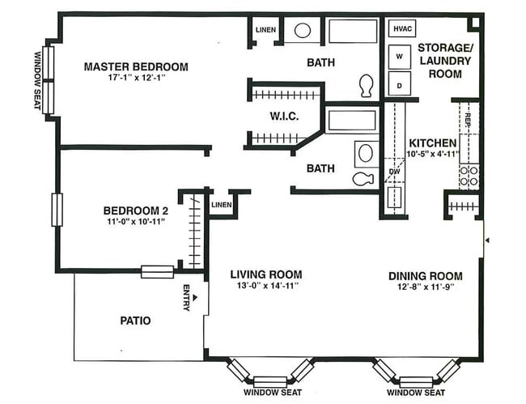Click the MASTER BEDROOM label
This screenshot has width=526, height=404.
tap(136, 66)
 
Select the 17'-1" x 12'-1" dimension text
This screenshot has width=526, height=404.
tap(136, 79)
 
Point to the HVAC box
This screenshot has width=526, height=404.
tap(403, 29)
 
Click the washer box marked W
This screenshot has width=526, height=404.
tap(400, 57)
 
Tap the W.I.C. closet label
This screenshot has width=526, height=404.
tap(284, 117)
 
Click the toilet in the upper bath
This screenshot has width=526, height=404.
tap(365, 84)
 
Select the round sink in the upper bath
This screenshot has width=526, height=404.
tap(302, 31)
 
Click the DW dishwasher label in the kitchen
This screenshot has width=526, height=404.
tap(394, 172)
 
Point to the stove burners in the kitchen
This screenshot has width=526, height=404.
tap(469, 176)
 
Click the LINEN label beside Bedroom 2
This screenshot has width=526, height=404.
tap(221, 204)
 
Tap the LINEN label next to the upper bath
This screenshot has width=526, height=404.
tap(265, 31)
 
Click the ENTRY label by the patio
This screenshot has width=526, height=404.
tap(187, 298)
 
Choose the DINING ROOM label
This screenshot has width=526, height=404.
tap(425, 275)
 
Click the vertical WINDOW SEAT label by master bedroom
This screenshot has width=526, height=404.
tap(37, 80)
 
